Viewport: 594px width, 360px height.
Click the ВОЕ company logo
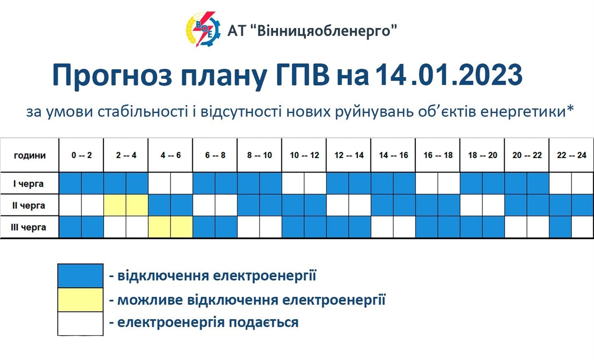(x=203, y=29)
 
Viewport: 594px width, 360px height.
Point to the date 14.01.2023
(x=449, y=75)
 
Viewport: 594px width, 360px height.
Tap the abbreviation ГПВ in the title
(x=303, y=75)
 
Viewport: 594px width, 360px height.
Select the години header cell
(x=29, y=155)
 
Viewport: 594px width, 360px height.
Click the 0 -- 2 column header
(x=81, y=155)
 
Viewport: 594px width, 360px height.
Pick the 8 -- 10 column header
(x=259, y=155)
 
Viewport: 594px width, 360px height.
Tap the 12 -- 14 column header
(x=349, y=155)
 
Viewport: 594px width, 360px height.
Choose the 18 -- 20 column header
(x=482, y=155)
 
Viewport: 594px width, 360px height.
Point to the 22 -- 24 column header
(x=572, y=155)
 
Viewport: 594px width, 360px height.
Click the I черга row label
(x=29, y=184)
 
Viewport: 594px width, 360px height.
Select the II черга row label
(x=29, y=205)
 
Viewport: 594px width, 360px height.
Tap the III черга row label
(x=29, y=227)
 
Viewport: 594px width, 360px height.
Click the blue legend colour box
(x=80, y=276)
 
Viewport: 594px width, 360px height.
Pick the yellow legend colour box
(x=80, y=300)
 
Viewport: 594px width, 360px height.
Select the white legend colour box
(x=80, y=324)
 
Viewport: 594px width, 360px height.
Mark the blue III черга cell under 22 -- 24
(x=560, y=227)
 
